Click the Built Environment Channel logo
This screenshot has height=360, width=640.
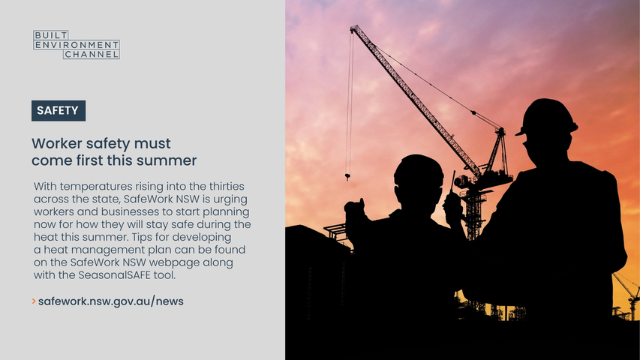pyautogui.click(x=77, y=44)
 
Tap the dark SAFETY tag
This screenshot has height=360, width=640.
pyautogui.click(x=59, y=110)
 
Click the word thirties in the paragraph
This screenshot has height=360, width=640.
pyautogui.click(x=227, y=187)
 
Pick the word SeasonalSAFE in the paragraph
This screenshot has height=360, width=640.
pyautogui.click(x=115, y=275)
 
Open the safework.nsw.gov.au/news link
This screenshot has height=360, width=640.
pyautogui.click(x=111, y=301)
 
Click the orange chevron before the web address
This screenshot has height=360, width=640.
pyautogui.click(x=34, y=301)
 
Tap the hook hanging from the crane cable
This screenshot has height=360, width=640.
pyautogui.click(x=347, y=177)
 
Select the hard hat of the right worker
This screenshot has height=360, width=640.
pyautogui.click(x=546, y=117)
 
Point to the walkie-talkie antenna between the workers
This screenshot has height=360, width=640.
pyautogui.click(x=452, y=181)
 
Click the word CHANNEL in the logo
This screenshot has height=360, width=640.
pyautogui.click(x=92, y=54)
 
